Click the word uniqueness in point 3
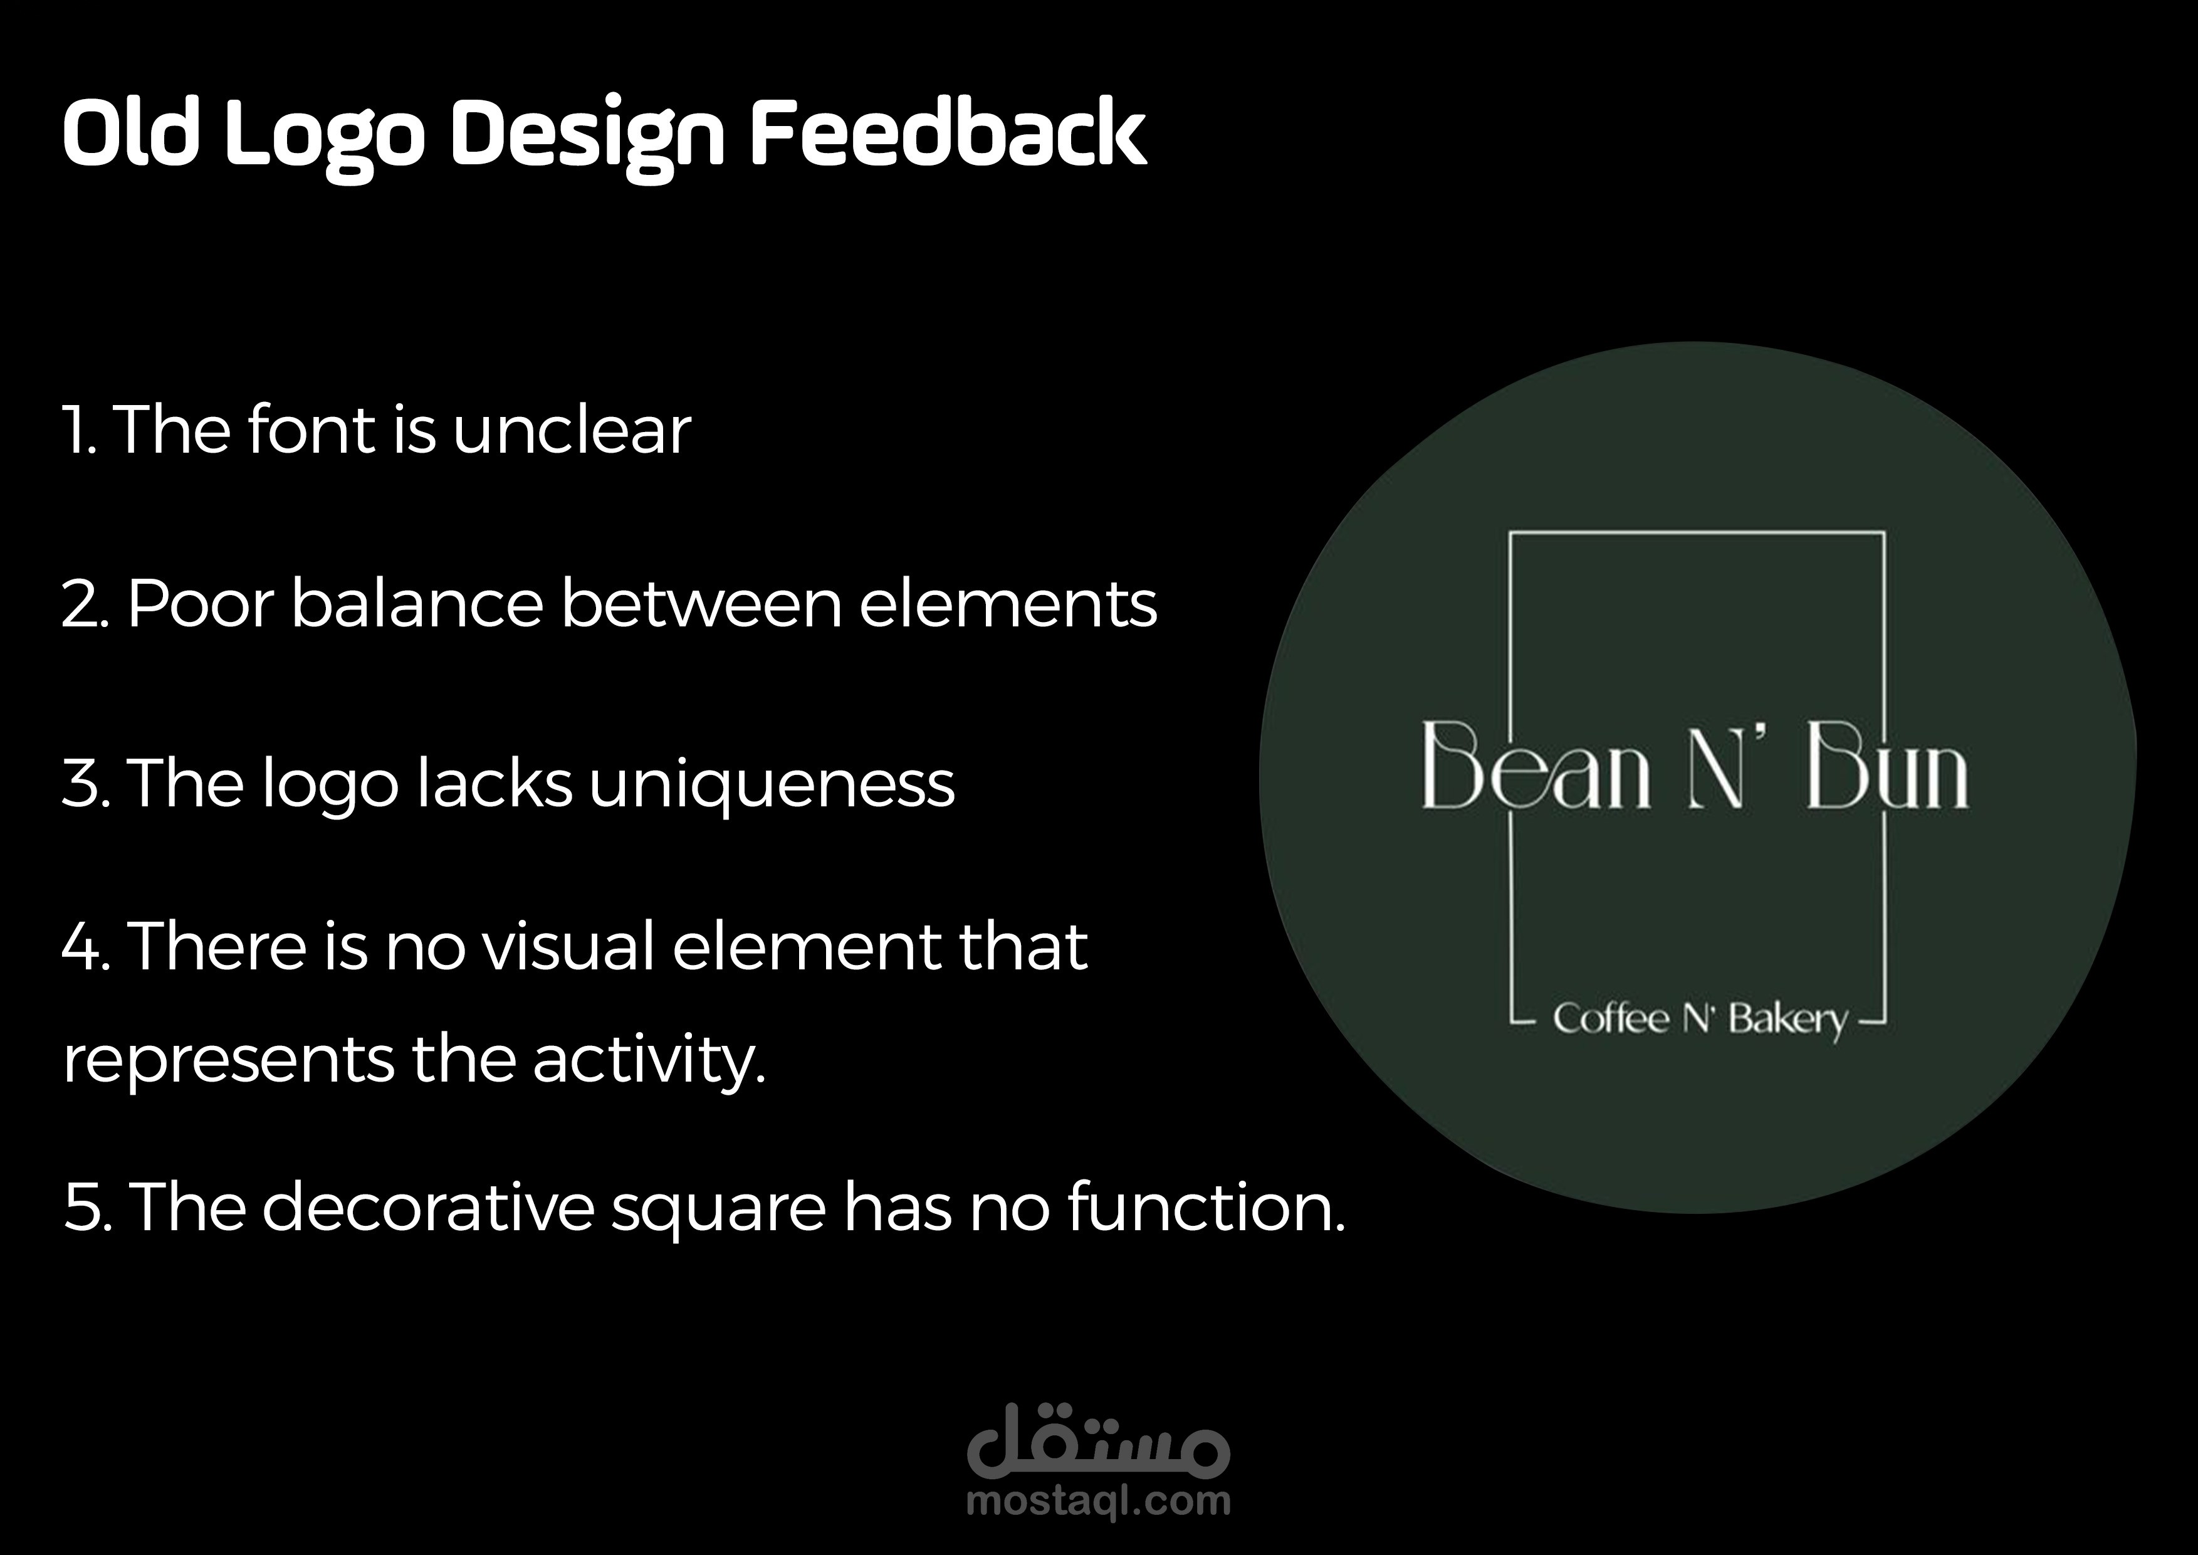[772, 785]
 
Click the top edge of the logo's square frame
[1697, 532]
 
